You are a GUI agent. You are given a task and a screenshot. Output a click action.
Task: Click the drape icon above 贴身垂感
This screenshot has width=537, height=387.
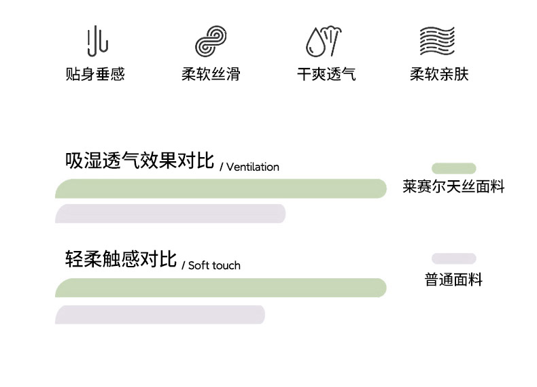click(97, 41)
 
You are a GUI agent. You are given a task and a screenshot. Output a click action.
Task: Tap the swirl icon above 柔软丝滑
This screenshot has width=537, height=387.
click(211, 41)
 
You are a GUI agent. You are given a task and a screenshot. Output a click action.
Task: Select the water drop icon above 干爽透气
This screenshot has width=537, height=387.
click(323, 41)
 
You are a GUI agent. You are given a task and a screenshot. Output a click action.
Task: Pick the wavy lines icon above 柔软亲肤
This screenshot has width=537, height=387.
click(436, 41)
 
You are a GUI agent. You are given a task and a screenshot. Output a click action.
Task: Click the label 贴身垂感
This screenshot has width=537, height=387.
click(95, 74)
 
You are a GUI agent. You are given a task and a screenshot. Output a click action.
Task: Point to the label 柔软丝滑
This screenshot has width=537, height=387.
click(211, 74)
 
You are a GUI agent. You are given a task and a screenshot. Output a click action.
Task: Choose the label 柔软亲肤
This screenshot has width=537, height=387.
click(439, 74)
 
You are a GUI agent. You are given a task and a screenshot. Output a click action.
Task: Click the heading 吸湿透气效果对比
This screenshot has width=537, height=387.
click(139, 161)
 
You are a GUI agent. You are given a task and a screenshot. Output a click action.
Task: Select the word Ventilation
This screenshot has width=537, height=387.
click(252, 167)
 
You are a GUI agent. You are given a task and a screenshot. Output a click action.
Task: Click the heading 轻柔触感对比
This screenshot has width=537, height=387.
click(121, 259)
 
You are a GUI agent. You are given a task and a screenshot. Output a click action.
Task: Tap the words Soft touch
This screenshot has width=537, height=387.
click(214, 265)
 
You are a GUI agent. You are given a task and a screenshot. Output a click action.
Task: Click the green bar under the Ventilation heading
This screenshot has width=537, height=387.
click(221, 188)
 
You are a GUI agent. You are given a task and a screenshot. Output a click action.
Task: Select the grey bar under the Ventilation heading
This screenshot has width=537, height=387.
click(170, 214)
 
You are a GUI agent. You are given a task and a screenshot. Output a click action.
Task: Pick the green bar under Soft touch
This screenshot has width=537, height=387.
click(221, 288)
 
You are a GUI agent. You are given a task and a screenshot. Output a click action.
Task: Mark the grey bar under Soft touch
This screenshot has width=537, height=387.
click(160, 315)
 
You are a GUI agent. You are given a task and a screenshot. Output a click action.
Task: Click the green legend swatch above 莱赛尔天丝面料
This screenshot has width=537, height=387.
click(453, 168)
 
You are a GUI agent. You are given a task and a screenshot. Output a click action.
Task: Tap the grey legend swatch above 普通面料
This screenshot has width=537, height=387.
click(453, 258)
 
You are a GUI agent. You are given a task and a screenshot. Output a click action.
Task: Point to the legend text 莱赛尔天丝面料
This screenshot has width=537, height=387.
click(453, 187)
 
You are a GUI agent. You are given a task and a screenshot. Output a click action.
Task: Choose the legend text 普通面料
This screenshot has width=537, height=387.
click(453, 280)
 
